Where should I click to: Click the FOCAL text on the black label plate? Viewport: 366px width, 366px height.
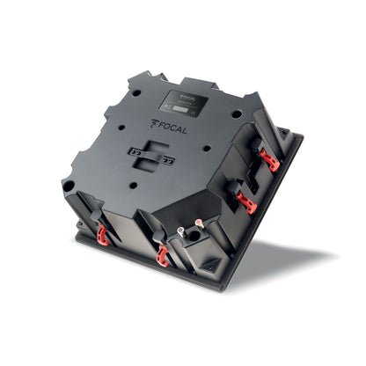pos(187,89)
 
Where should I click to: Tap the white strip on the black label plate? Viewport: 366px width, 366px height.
pos(181,109)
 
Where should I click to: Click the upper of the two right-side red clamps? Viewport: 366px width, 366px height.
pos(270,160)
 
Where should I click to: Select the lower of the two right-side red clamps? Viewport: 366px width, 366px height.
pos(247,204)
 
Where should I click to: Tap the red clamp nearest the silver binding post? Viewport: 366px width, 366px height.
pos(162,256)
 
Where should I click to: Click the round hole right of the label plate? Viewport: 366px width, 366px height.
pos(237,113)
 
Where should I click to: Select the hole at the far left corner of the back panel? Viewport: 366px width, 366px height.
pos(69,186)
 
